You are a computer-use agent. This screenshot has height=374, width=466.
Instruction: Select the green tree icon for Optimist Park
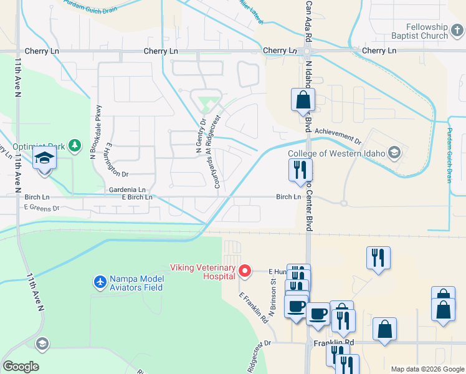pyautogui.click(x=75, y=146)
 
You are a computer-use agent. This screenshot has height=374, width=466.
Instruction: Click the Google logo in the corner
pyautogui.click(x=21, y=367)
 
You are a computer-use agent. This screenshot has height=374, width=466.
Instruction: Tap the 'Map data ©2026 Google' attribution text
pyautogui.click(x=427, y=369)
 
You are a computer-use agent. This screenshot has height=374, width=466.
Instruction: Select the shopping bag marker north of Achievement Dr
pyautogui.click(x=303, y=99)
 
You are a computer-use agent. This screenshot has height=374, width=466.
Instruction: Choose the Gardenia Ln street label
pyautogui.click(x=127, y=189)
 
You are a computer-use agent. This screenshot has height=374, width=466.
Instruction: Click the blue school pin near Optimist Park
pyautogui.click(x=45, y=160)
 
